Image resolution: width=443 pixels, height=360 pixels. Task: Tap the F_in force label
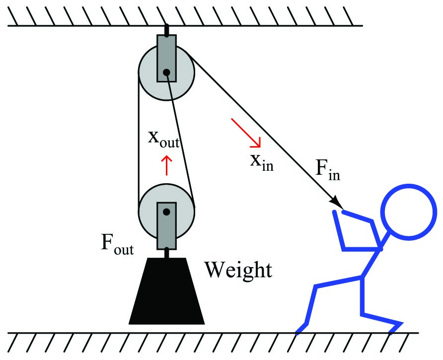point(327,170)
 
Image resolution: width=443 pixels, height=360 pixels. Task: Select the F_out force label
point(117,245)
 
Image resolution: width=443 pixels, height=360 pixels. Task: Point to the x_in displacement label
point(262,163)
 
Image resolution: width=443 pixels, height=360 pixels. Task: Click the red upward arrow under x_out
point(167,165)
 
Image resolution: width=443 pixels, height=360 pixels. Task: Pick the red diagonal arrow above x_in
point(246,133)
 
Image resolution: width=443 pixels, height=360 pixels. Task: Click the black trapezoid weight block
point(167,291)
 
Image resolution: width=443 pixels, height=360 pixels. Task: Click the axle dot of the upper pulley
point(167,72)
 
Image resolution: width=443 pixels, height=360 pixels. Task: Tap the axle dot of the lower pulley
point(167,212)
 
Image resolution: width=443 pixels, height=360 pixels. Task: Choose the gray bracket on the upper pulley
point(167,58)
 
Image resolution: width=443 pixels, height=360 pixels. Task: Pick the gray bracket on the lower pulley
point(167,226)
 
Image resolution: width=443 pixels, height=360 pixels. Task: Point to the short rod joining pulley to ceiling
point(167,30)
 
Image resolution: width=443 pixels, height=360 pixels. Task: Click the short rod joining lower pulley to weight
point(167,253)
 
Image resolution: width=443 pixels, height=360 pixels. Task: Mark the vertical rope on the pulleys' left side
point(139,142)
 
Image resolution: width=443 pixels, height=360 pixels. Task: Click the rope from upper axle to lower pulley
point(180,139)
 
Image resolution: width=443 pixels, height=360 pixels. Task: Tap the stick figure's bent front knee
point(364,313)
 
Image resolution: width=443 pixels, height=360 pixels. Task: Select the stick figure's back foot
point(301,329)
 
